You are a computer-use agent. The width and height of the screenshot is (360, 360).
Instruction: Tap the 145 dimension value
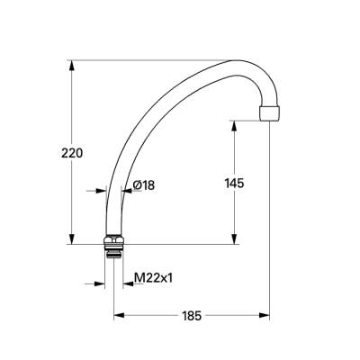[x=234, y=184]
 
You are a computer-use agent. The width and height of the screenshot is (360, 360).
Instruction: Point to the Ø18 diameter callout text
[x=143, y=185]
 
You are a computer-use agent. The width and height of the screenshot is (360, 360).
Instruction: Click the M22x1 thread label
[x=153, y=279]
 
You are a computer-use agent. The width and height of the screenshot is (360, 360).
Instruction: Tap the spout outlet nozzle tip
[x=269, y=115]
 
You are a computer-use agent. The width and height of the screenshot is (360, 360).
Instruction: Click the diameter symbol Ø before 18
[x=136, y=185]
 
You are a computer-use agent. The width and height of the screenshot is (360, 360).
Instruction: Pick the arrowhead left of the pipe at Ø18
[x=103, y=190]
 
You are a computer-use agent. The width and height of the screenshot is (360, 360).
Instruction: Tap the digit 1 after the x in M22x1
[x=169, y=279]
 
